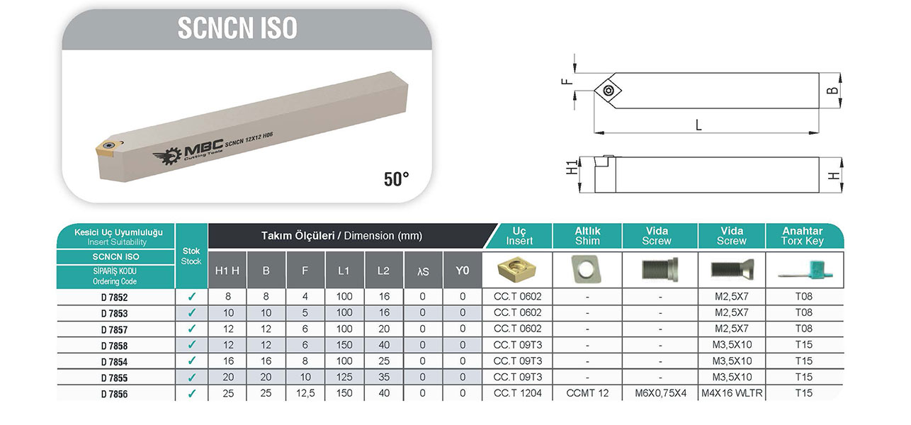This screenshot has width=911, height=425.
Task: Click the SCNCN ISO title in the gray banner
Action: [237, 28]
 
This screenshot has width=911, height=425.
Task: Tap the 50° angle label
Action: [396, 179]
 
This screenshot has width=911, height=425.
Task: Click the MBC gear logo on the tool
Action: [167, 156]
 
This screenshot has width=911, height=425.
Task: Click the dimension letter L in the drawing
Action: [698, 125]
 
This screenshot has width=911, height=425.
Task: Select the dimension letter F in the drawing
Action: [567, 81]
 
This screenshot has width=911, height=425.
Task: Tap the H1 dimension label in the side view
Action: [572, 168]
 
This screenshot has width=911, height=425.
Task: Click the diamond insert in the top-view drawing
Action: [608, 90]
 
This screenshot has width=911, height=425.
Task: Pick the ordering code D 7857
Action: [114, 330]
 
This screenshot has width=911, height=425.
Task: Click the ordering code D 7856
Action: [114, 394]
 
